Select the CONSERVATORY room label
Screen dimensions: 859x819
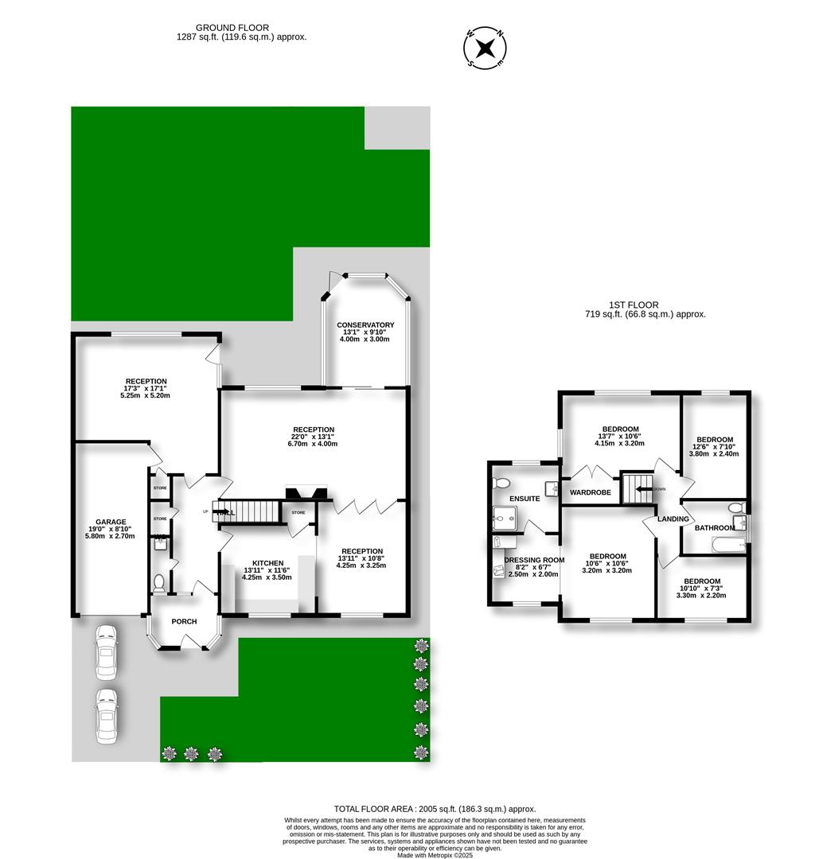coord(365,325)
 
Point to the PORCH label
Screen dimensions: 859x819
coord(184,621)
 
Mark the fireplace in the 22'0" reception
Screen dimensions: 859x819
coord(306,492)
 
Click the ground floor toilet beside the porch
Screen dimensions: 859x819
coord(159,583)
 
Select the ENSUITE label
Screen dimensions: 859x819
coord(525,499)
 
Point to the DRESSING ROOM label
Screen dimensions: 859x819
coord(534,560)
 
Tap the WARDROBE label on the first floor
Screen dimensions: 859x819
coord(590,492)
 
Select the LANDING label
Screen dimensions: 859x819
coord(672,519)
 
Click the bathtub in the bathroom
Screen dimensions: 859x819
coord(727,546)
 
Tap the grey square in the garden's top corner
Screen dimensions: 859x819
coord(396,127)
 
